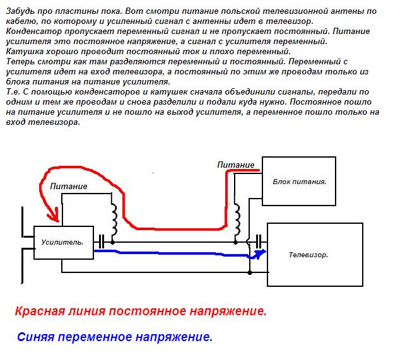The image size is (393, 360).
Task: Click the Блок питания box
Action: click(x=298, y=181)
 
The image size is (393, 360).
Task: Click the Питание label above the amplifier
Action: click(x=68, y=187)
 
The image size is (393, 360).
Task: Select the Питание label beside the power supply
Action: click(x=237, y=164)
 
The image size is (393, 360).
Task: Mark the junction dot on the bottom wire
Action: click(x=250, y=273)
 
